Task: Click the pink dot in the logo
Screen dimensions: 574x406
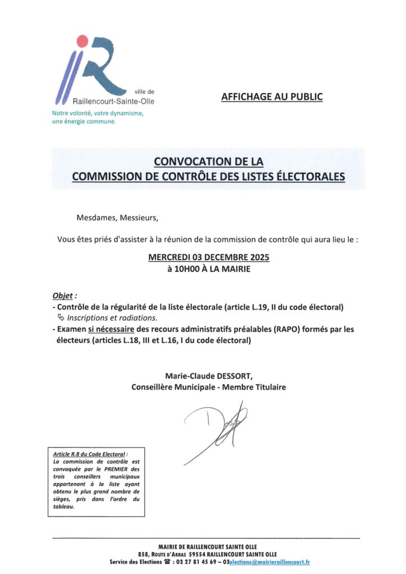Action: [82, 40]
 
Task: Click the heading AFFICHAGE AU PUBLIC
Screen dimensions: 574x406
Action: [272, 96]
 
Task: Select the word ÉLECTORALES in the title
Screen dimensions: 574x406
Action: [311, 176]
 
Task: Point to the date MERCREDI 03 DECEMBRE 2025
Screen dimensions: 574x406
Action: [209, 257]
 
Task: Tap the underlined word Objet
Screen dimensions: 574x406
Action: [62, 296]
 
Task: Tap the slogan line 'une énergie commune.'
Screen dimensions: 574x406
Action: [84, 122]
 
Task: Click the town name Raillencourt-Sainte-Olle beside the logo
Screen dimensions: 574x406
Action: [114, 101]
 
